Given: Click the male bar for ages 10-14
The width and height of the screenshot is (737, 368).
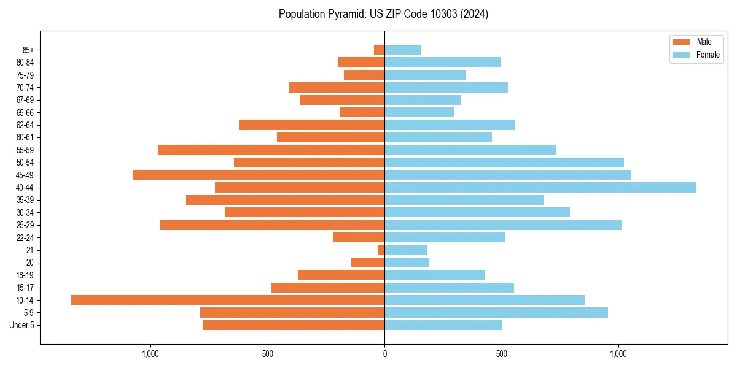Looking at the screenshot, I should [228, 300].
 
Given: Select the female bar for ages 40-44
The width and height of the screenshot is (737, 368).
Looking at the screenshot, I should [540, 188].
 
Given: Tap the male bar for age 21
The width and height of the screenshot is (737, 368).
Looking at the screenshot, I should [381, 250].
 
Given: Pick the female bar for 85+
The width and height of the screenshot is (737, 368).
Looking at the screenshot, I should [403, 50].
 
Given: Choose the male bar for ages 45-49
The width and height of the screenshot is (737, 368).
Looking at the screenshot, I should [259, 175].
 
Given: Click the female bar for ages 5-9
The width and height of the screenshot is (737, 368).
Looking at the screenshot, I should [496, 313].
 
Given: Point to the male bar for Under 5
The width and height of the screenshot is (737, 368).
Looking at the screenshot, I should [294, 325].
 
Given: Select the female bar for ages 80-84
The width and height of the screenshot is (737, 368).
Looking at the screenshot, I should [443, 62].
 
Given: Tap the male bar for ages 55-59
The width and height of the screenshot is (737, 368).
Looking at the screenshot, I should [271, 150].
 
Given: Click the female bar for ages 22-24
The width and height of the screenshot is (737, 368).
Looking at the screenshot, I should [445, 237].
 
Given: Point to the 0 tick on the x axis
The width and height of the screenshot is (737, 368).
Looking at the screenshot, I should [384, 354].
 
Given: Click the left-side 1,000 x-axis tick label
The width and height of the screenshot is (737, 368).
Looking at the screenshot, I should [150, 354].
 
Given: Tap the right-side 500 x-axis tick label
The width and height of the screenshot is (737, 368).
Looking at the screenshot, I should [502, 354].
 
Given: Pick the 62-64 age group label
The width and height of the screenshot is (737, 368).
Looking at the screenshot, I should [25, 125].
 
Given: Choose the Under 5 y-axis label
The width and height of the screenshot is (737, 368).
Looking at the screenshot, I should [22, 325].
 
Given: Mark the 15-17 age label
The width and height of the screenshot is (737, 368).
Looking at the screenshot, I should [25, 288].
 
